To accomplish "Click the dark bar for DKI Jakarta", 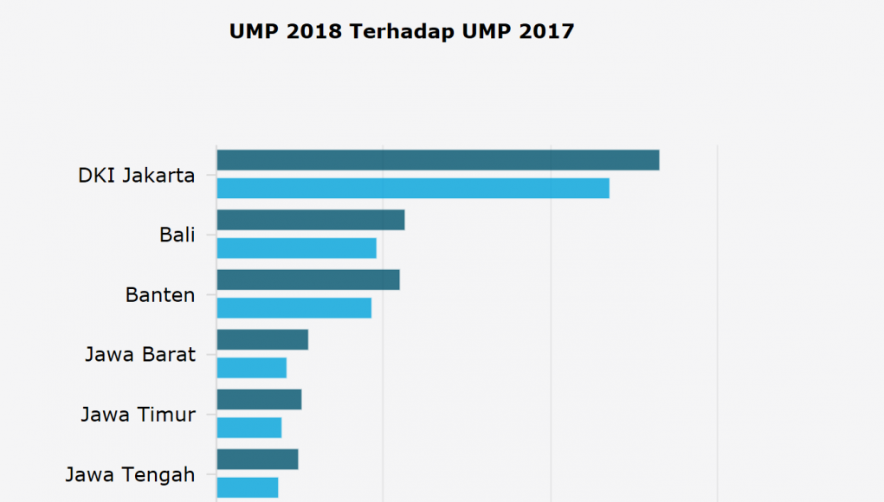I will coord(437,160).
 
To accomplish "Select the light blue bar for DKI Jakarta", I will coord(413,189).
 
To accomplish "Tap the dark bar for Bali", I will coord(310,220).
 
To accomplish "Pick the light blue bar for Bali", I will coord(296,248).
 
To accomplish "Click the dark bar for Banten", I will coord(307,280).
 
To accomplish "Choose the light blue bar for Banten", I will coord(294,308).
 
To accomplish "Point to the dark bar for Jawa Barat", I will coord(262,339).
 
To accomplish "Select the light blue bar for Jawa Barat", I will coord(251,368).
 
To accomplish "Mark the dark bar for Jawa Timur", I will coord(259,399).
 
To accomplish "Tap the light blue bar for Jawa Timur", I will coord(248,428).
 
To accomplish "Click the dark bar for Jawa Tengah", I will coord(257,459).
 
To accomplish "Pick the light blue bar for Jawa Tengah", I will coord(247,487).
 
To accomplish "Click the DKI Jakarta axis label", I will coord(136,176).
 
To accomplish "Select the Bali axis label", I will coord(177,235).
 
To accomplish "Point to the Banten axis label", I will coord(160,294).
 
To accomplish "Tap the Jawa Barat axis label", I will coord(140,354).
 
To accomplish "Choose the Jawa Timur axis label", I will coord(139,414).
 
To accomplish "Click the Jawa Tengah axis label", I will coord(130,474).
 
